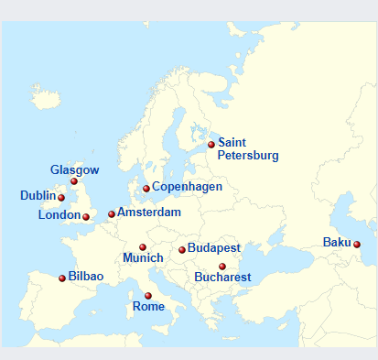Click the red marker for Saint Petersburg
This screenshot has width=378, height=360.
pos(211,144)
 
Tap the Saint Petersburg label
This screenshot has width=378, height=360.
pos(247,149)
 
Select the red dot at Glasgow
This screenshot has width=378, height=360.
pos(74,181)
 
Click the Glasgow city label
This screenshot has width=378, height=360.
pos(74,170)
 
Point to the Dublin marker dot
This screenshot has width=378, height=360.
pos(61,197)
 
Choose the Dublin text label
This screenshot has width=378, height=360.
pos(38,195)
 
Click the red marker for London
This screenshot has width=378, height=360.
pos(86,217)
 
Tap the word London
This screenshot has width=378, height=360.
pos(59,215)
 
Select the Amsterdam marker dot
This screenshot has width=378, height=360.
pos(112,214)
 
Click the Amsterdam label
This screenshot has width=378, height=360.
pos(148,212)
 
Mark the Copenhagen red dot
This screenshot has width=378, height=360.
pos(146,189)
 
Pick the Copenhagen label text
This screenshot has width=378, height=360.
pos(187,187)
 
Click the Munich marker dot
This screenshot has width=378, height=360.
pos(143,246)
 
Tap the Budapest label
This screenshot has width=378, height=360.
pos(213,248)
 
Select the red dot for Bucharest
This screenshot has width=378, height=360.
pos(222,266)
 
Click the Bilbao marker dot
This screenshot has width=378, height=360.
pos(62,278)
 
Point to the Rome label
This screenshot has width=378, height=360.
pos(148,307)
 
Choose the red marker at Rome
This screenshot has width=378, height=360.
pos(148,295)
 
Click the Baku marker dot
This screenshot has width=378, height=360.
pos(357,244)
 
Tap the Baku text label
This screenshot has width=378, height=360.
pos(336,243)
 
